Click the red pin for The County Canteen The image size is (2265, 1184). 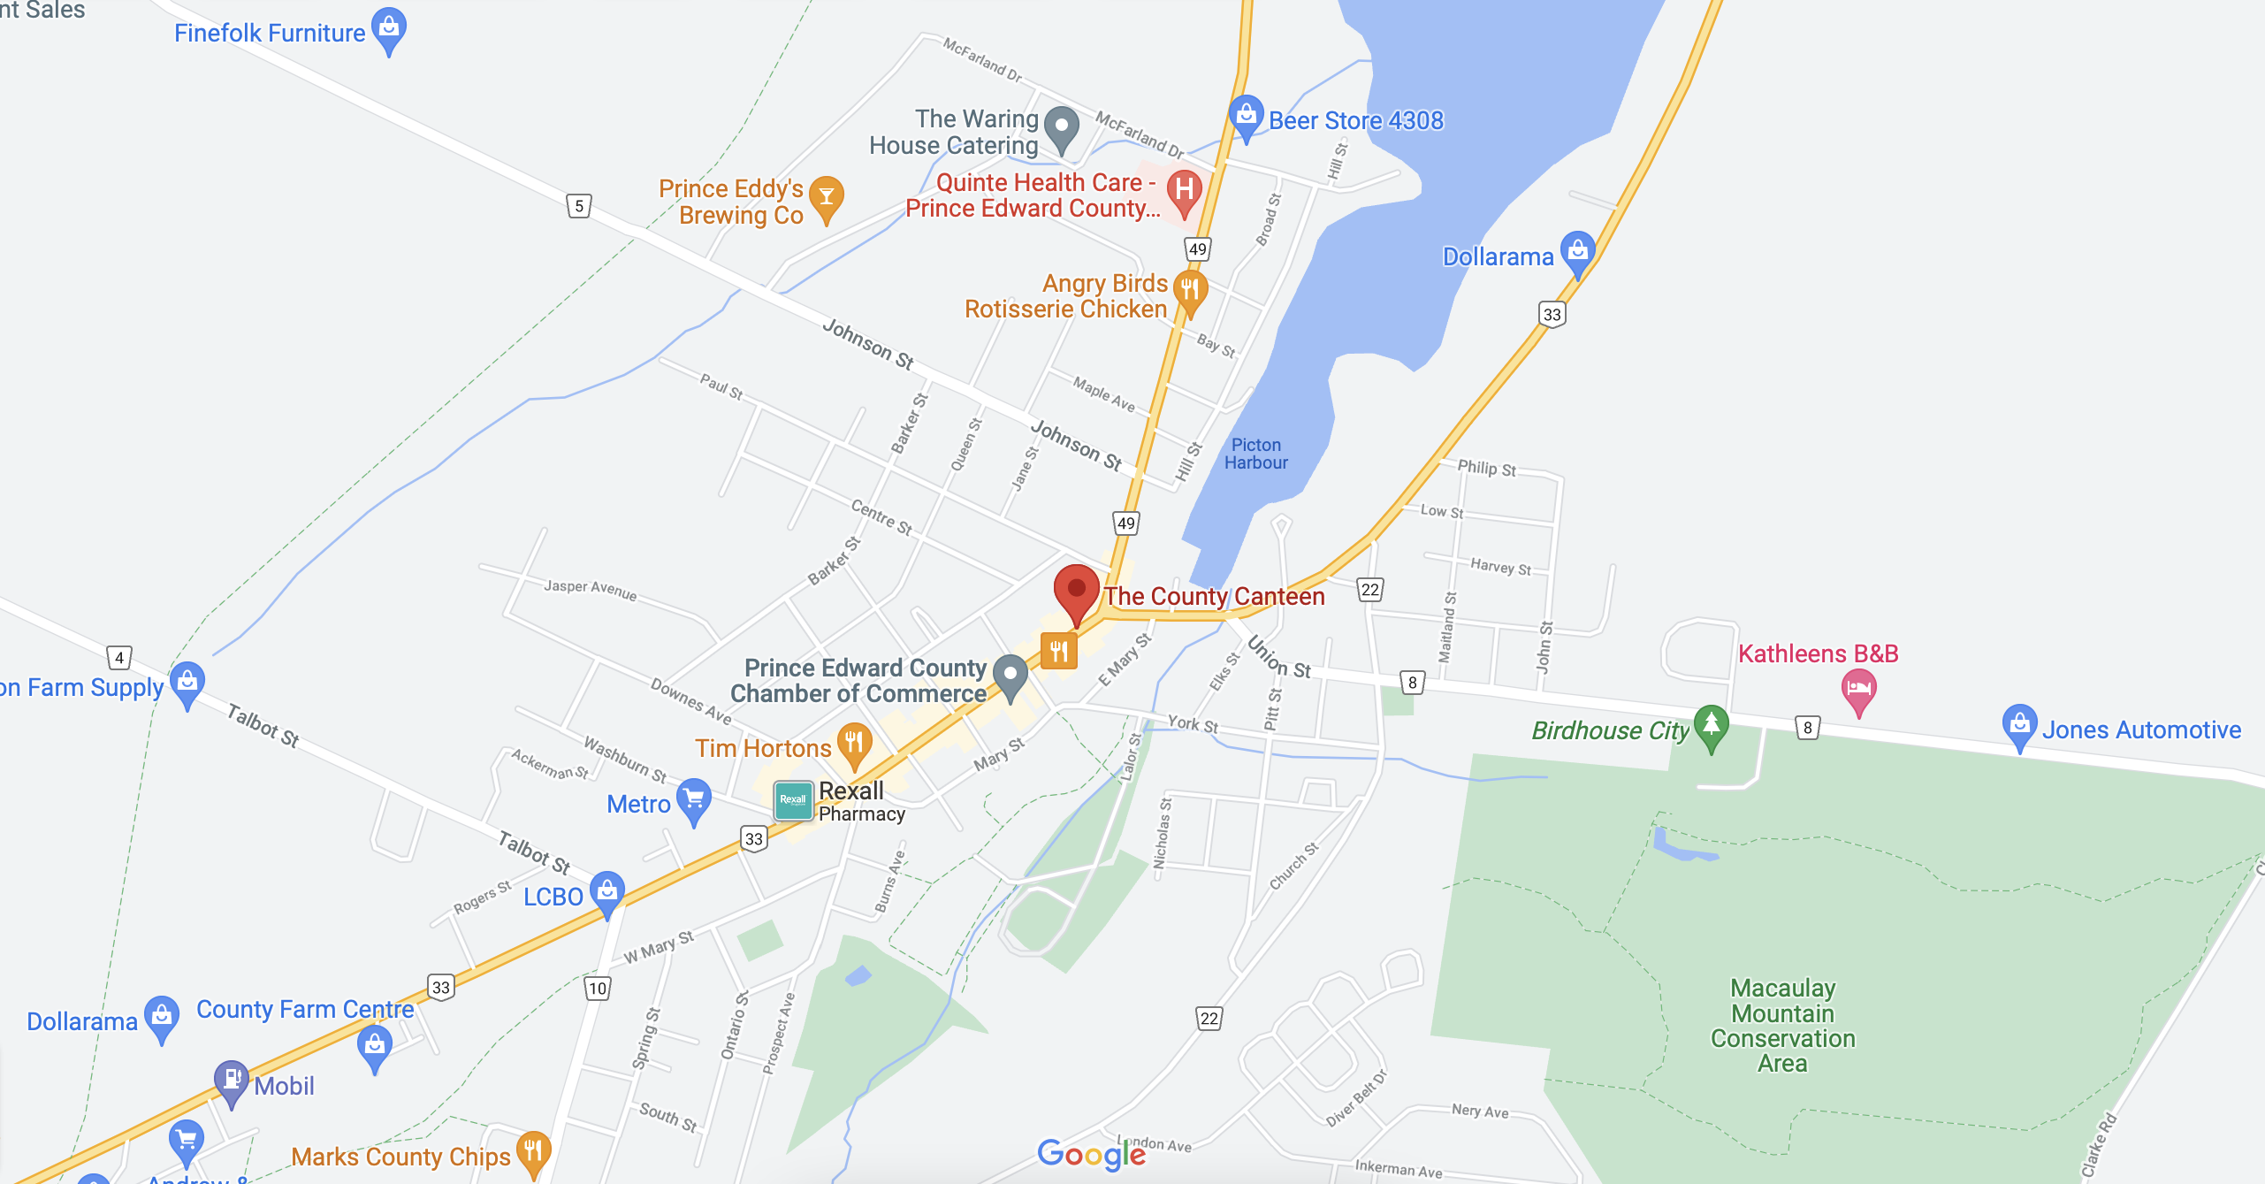pyautogui.click(x=1076, y=591)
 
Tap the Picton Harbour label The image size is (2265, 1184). pyautogui.click(x=1255, y=454)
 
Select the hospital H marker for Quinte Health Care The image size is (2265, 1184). pyautogui.click(x=1184, y=189)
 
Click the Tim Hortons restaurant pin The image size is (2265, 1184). pyautogui.click(x=854, y=743)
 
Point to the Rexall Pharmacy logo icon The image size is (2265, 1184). pyautogui.click(x=793, y=799)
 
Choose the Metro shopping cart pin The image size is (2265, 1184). pyautogui.click(x=694, y=799)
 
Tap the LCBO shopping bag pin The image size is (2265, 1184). pyautogui.click(x=607, y=891)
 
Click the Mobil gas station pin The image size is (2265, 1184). pyautogui.click(x=232, y=1080)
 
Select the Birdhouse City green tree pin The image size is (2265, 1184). pyautogui.click(x=1712, y=725)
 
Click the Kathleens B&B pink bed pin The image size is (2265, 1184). pyautogui.click(x=1858, y=688)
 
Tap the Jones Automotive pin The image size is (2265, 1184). pyautogui.click(x=2019, y=724)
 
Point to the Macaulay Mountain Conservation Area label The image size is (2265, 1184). pyautogui.click(x=1782, y=1025)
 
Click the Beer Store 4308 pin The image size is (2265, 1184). pyautogui.click(x=1246, y=115)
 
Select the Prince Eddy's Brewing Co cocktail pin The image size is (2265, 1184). pyautogui.click(x=827, y=196)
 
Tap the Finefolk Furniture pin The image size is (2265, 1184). pyautogui.click(x=389, y=28)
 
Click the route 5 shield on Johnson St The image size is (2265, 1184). pyautogui.click(x=579, y=206)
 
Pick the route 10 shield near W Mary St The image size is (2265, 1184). pyautogui.click(x=598, y=988)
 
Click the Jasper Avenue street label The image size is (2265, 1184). pyautogui.click(x=590, y=589)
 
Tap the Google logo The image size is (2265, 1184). pyautogui.click(x=1091, y=1154)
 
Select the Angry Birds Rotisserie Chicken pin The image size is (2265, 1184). pyautogui.click(x=1190, y=291)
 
